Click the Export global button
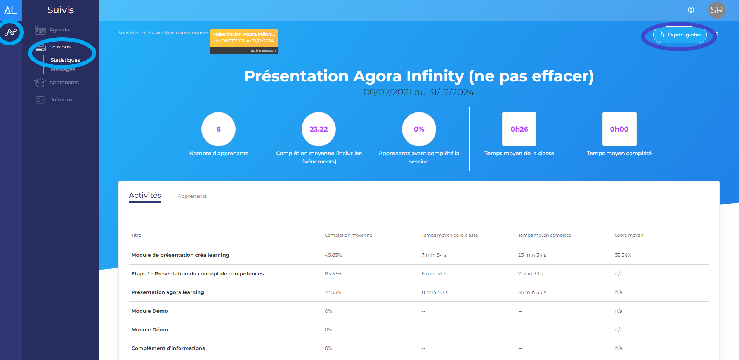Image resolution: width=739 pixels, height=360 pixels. click(680, 35)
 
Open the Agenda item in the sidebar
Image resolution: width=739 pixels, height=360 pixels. click(59, 30)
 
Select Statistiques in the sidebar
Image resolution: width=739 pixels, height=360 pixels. click(65, 60)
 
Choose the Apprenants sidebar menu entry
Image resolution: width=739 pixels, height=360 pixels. click(64, 83)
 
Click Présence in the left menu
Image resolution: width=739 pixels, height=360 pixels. click(61, 100)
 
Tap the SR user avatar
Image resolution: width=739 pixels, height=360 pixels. click(716, 10)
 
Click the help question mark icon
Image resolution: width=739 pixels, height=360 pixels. click(691, 10)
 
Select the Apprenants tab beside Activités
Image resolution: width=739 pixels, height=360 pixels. click(192, 196)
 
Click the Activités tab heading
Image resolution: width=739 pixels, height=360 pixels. click(145, 196)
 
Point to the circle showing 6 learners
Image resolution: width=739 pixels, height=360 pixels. click(219, 129)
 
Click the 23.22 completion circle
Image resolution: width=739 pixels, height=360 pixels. click(319, 129)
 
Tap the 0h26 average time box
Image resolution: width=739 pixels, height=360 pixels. click(519, 129)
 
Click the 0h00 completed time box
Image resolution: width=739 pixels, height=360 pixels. click(619, 129)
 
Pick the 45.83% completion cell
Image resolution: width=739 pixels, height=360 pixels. click(333, 255)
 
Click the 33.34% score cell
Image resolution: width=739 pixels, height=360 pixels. click(623, 255)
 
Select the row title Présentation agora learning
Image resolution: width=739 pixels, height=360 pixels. click(168, 292)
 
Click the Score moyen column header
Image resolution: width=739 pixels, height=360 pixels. click(629, 235)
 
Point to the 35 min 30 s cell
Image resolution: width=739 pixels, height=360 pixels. click(532, 292)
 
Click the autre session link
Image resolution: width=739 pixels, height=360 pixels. click(263, 50)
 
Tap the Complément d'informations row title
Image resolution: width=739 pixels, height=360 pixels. click(168, 348)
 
